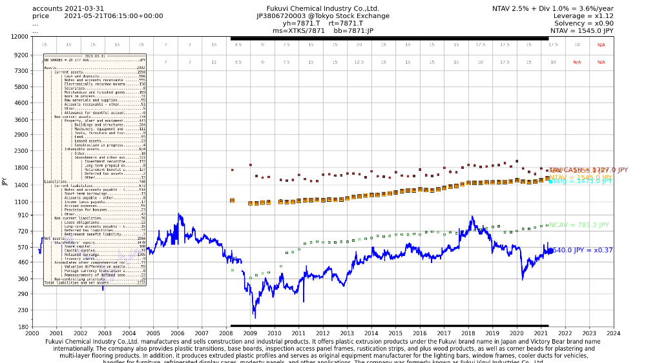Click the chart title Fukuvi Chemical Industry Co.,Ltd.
[x=323, y=8]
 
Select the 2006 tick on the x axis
[x=178, y=333]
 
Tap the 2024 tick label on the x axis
[x=613, y=333]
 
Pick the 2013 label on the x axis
[x=347, y=333]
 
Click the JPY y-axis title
[x=5, y=182]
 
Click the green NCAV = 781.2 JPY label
[x=579, y=225]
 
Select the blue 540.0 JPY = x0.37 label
[x=582, y=250]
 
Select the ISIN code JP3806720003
[x=282, y=16]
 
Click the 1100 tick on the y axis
[x=21, y=202]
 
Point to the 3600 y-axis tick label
[x=21, y=119]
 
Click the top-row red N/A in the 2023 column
[x=601, y=45]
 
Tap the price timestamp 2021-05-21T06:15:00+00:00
[x=114, y=16]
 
